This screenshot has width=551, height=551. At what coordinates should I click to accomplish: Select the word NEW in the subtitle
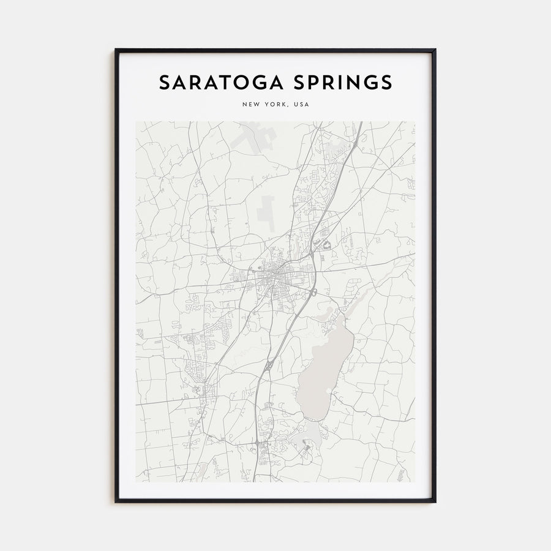click(250, 105)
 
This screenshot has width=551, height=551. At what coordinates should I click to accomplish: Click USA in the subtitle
click(301, 105)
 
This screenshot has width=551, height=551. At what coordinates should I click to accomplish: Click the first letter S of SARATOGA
click(165, 83)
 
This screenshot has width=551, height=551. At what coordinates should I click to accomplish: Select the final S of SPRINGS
click(387, 83)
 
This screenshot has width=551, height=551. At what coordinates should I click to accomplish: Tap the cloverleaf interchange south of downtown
click(268, 365)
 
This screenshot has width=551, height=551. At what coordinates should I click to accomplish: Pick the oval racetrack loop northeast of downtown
click(326, 246)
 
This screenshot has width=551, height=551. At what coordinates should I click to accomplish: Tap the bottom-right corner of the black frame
click(435, 502)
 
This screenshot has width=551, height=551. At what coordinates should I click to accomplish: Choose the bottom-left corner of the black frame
click(116, 502)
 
